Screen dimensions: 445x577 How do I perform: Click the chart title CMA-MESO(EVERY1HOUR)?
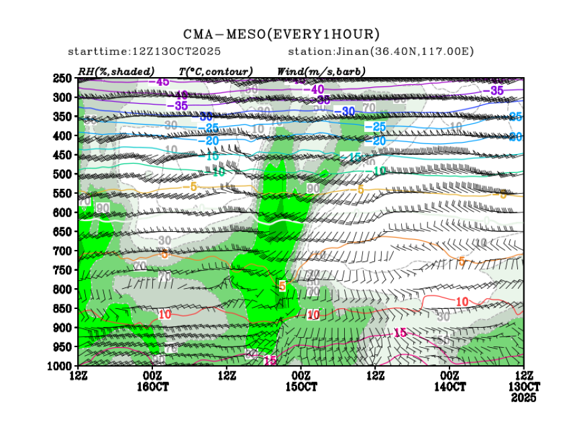pos(282,34)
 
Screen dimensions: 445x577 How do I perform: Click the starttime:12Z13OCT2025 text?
pos(145,52)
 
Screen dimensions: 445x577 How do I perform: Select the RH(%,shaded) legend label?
pos(116,71)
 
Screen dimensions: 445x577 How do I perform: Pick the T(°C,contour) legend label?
pos(215,71)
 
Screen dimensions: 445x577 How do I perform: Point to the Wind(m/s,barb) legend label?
pos(312,71)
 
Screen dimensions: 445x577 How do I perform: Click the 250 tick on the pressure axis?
pos(62,78)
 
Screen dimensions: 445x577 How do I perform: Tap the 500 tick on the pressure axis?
pos(62,174)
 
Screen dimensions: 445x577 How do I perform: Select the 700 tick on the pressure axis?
pos(62,251)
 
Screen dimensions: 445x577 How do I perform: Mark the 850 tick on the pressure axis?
pos(62,308)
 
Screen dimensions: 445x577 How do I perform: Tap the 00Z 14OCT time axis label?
pos(450,381)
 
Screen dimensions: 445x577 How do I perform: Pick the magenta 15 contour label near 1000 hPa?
pos(270,361)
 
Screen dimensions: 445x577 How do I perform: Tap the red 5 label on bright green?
pos(282,286)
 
